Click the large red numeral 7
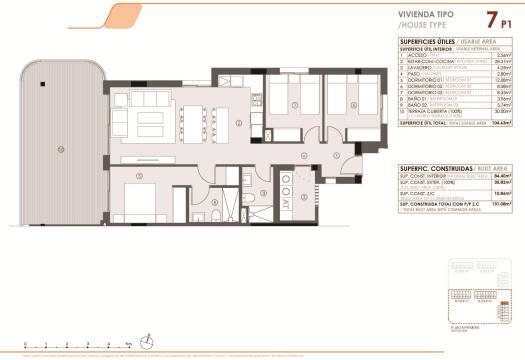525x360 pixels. tap(492, 19)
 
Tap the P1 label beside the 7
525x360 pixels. tap(509, 21)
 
